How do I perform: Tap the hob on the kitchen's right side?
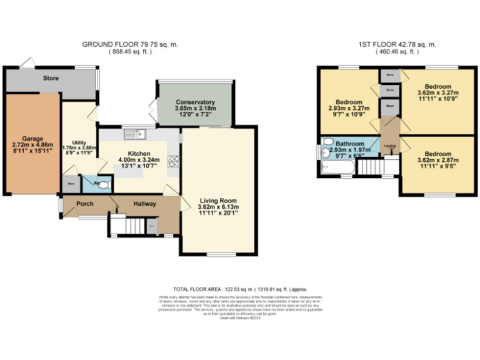point(174,161)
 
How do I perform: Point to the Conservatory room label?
point(195,102)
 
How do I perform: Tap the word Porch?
point(85,204)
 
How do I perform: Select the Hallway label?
point(144,204)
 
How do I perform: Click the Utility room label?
point(79,142)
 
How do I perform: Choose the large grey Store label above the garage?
point(51,79)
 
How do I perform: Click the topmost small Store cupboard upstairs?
point(390,75)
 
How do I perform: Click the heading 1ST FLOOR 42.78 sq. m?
point(397,44)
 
